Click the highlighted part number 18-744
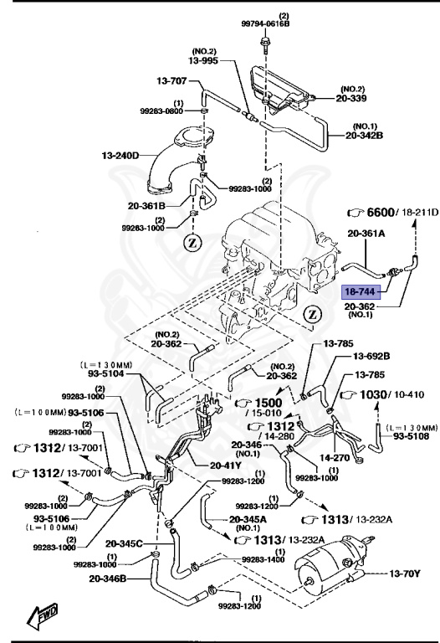pyautogui.click(x=361, y=291)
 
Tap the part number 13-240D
pyautogui.click(x=121, y=155)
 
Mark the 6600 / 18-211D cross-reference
pyautogui.click(x=392, y=213)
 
